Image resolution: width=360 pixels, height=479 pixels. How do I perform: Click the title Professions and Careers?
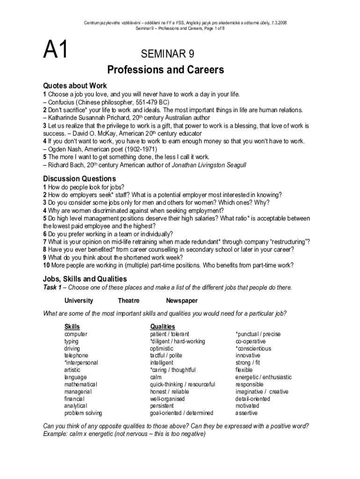coord(166,70)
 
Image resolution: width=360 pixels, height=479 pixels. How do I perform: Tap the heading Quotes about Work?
coord(75,86)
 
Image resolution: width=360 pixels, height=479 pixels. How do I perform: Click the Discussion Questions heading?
coord(79,179)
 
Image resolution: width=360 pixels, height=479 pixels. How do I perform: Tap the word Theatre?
coord(129,301)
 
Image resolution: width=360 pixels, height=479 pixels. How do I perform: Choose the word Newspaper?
coord(181,301)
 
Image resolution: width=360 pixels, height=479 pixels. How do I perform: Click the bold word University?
coord(79,301)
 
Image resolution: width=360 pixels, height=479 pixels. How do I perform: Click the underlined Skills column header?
coord(72,327)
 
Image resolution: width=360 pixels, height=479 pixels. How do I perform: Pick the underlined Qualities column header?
coord(162,327)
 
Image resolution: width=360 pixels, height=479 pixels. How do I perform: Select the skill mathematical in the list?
coord(80,385)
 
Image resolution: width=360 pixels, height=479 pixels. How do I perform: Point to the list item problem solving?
coord(83,414)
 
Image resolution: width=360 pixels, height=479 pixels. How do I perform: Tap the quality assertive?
coord(246,414)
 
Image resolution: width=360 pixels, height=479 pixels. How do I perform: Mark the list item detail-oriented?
coord(252,399)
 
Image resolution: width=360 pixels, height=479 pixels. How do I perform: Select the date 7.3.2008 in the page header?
coord(277,22)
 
